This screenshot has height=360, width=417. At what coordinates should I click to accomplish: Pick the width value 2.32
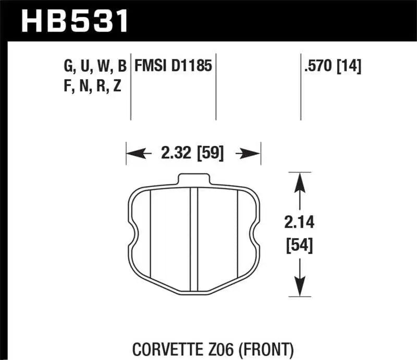point(173,154)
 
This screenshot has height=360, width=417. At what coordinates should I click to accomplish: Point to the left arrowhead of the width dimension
point(132,154)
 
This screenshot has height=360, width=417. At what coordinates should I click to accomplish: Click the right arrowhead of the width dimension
point(254,154)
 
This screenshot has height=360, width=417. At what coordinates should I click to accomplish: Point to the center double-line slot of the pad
point(194,240)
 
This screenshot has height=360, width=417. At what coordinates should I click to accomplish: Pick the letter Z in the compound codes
point(117,86)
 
